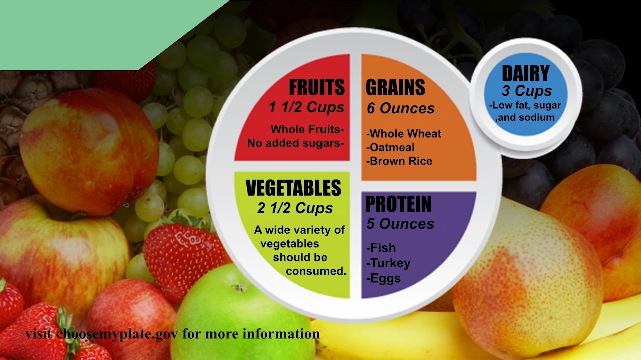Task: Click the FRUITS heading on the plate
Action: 317,87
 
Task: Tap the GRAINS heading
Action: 395,87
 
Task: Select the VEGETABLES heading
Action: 293,188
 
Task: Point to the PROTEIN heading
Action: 398,204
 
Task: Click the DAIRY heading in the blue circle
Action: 526,73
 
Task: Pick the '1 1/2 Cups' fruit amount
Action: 306,107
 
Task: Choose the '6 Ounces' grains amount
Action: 400,108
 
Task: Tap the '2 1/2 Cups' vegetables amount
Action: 295,208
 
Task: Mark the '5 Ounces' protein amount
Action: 400,224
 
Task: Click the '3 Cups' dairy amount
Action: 527,91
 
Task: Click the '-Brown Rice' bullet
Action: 399,161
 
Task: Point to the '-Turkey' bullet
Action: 388,263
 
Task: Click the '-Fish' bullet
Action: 381,248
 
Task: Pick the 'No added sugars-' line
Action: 295,143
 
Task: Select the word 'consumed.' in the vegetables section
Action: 316,271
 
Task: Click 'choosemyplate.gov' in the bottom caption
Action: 117,334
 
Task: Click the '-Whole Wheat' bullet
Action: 404,134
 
